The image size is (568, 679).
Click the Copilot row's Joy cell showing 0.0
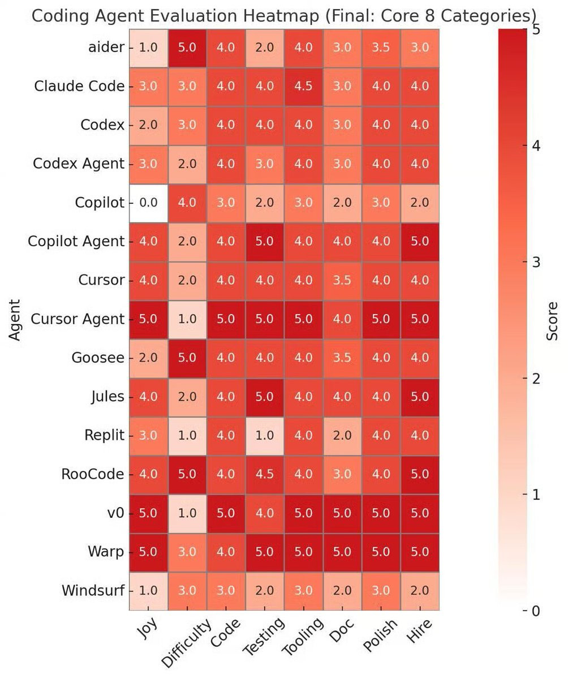tap(148, 203)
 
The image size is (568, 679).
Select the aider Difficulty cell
tap(187, 48)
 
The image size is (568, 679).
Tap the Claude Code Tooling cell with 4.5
tap(303, 86)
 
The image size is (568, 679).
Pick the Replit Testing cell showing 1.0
tap(264, 435)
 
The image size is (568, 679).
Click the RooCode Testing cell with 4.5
tap(264, 474)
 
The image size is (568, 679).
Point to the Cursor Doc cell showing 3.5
tap(342, 280)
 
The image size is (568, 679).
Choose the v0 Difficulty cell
tap(187, 513)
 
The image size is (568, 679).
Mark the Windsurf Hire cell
tap(419, 590)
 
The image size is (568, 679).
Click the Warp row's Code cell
tap(226, 552)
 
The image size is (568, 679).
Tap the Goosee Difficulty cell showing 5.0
tap(187, 358)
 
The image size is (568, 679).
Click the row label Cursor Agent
tap(77, 319)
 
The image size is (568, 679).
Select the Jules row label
tap(107, 397)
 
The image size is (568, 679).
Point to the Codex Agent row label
tap(78, 164)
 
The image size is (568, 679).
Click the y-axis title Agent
tap(15, 320)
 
